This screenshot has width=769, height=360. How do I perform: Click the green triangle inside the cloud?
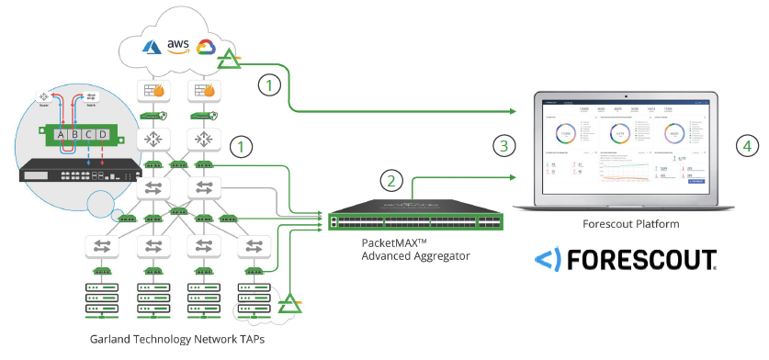(230, 62)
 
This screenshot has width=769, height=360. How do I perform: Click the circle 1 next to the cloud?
(268, 85)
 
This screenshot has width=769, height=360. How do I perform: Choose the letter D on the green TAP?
(103, 136)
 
